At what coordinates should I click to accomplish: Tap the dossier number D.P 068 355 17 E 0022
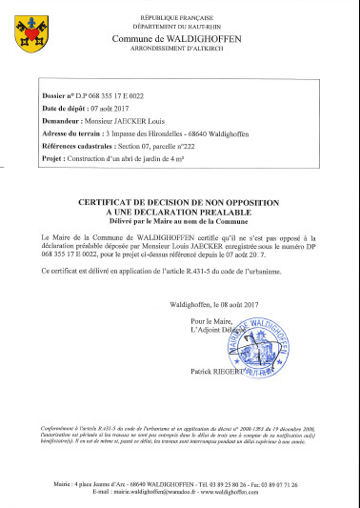pos(107,98)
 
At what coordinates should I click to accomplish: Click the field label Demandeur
pos(62,123)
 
